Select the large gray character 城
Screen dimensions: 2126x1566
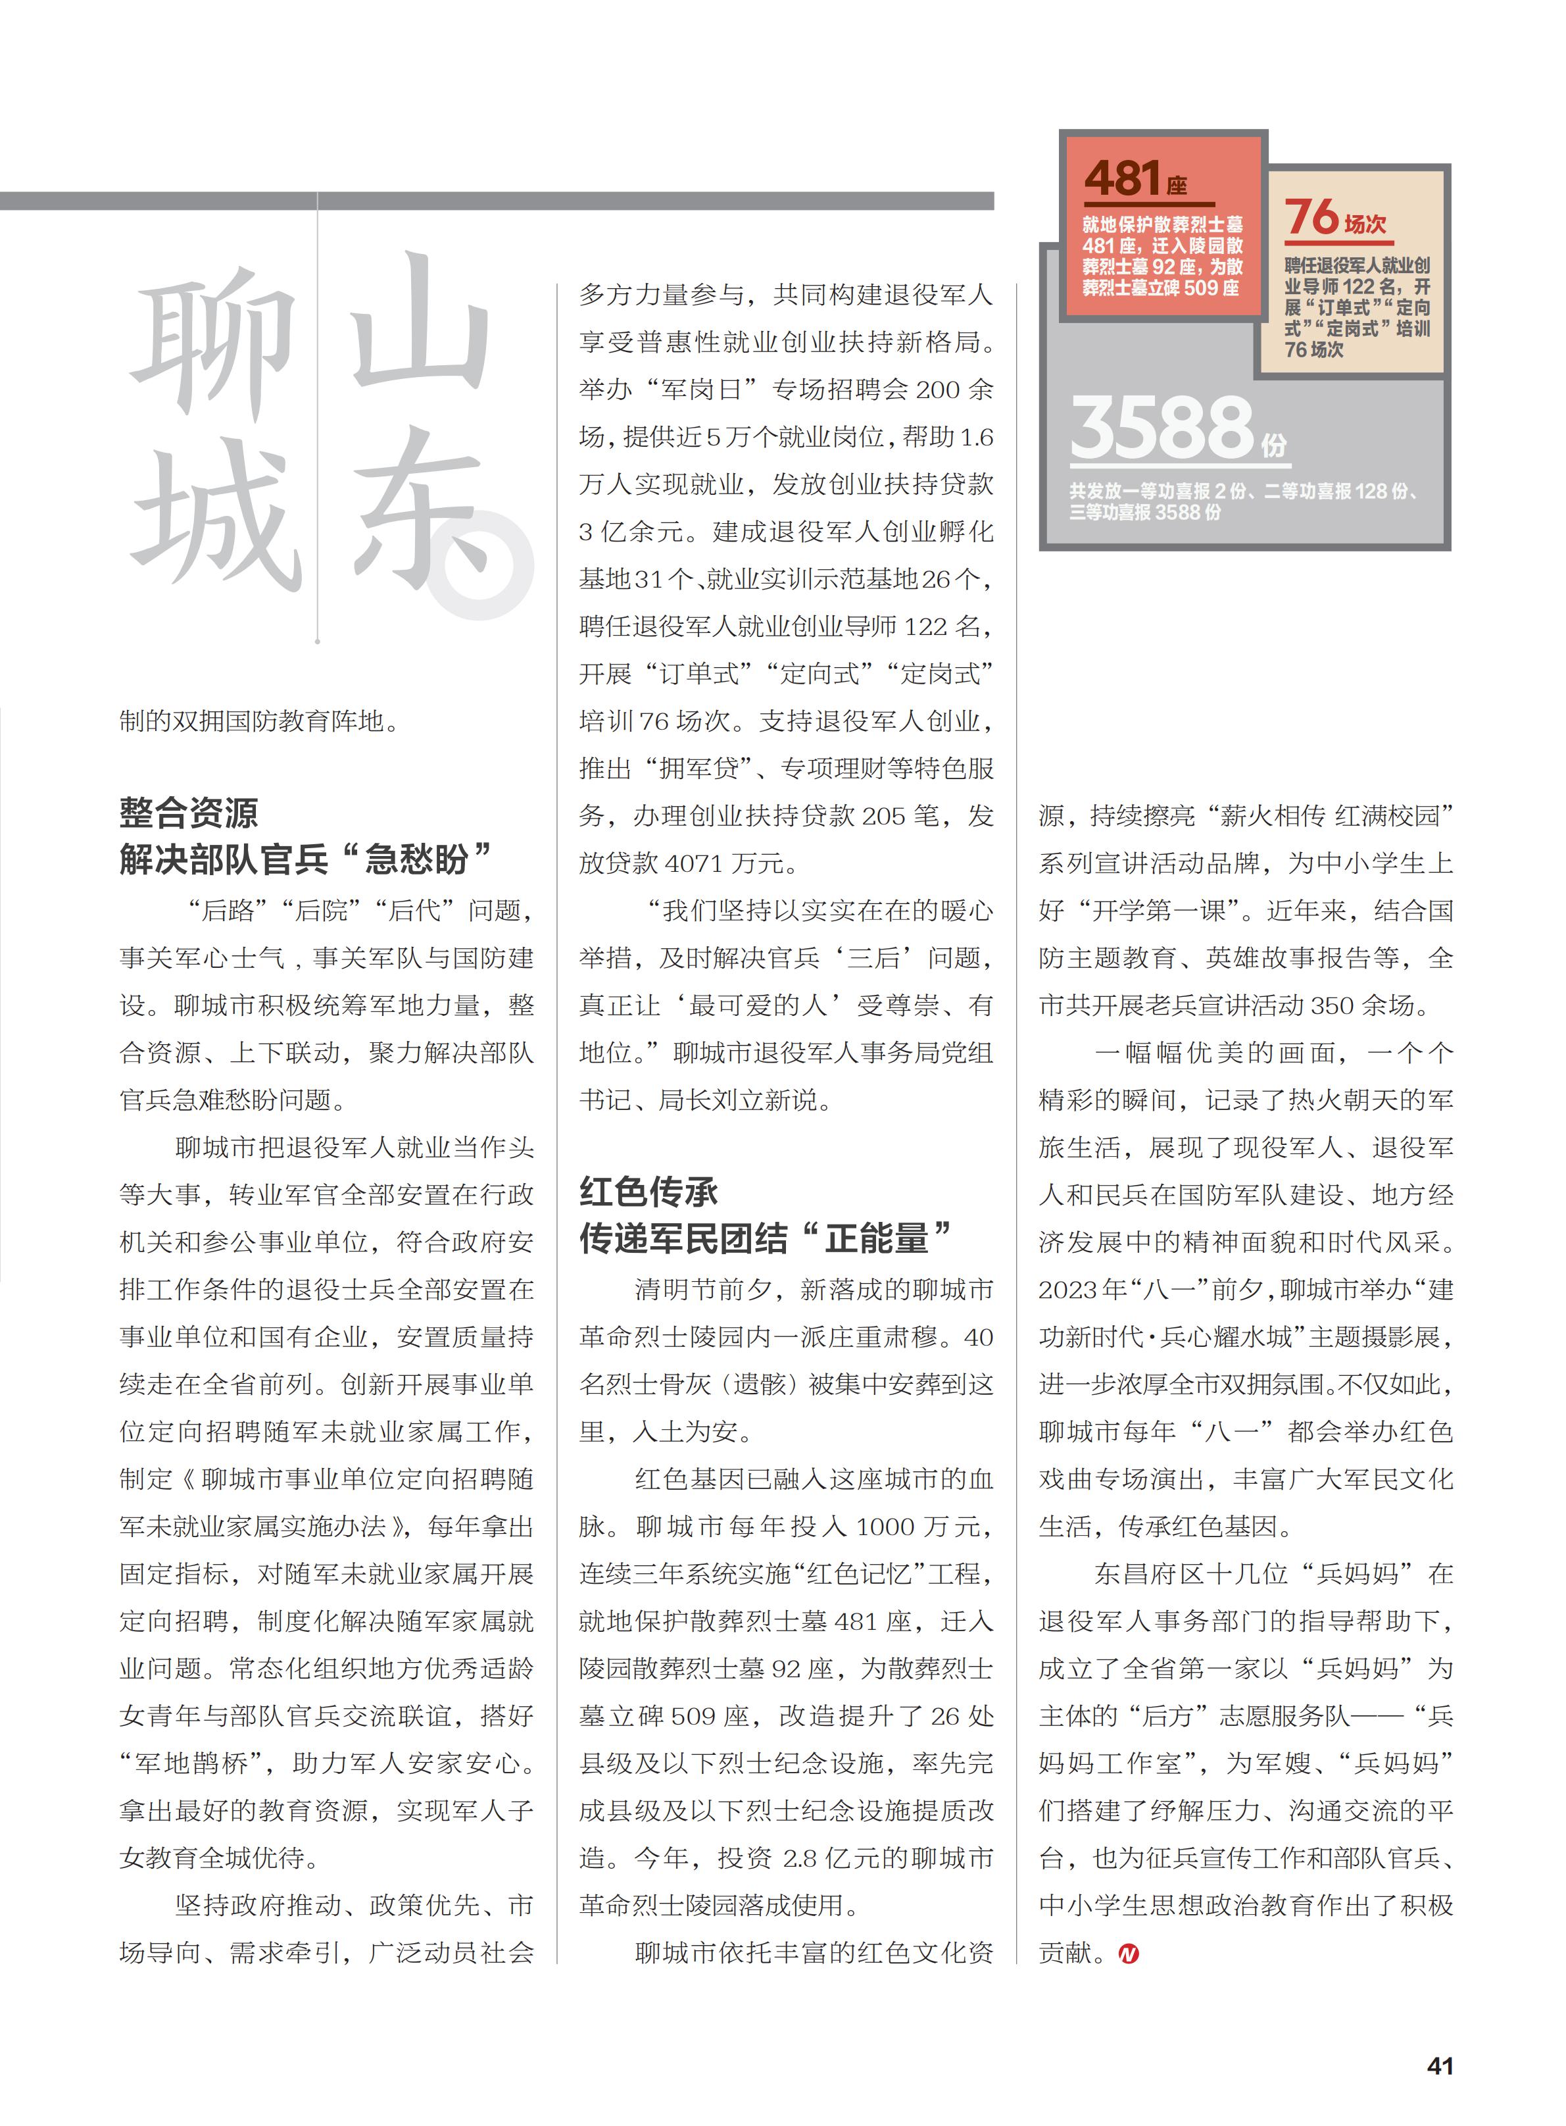point(216,517)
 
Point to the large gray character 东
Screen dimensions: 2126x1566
point(417,512)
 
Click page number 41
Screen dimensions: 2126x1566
point(1440,2065)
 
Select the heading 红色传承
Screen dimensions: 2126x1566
point(648,1192)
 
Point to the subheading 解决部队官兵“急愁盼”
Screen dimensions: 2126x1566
point(305,859)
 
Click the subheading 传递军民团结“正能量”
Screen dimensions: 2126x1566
point(766,1238)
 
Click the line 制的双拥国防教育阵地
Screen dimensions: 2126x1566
point(258,722)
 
